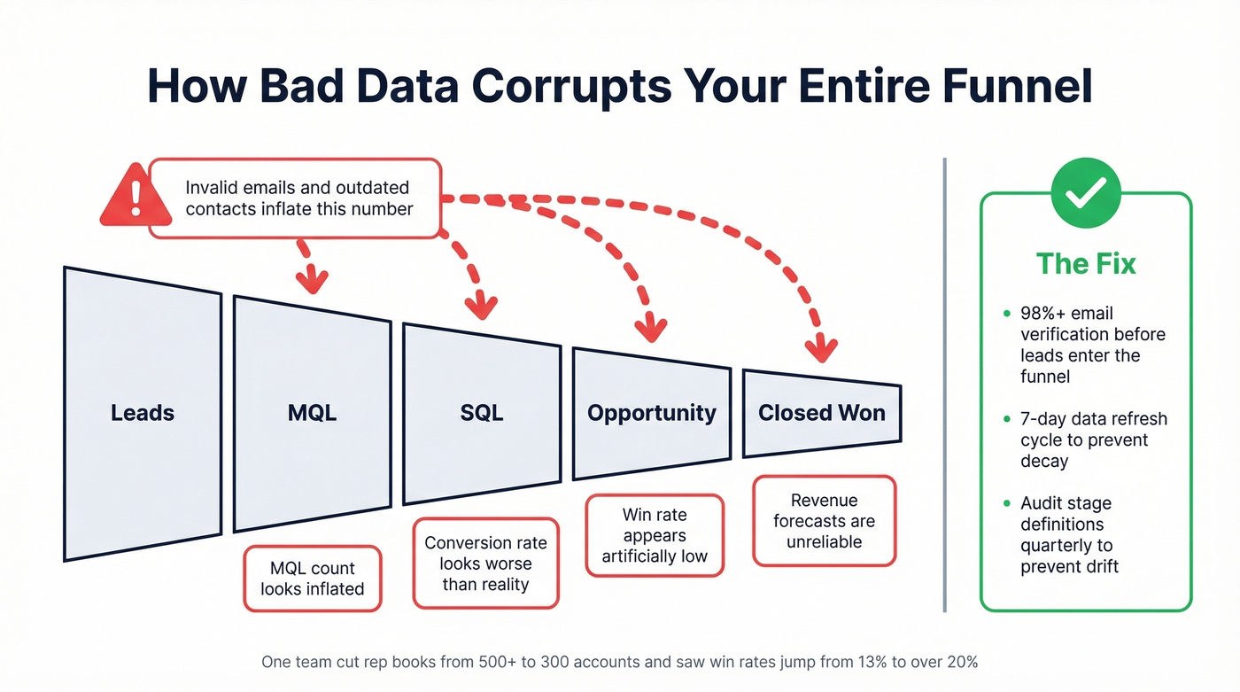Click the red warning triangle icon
[136, 197]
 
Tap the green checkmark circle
[1085, 193]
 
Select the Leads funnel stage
[143, 413]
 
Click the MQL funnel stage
[312, 413]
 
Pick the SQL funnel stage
[482, 413]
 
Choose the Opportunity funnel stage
[652, 413]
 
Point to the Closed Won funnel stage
[821, 413]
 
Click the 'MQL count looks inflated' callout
[312, 579]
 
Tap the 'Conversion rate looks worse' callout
[485, 564]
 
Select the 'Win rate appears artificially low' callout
[655, 535]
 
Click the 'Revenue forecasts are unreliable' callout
[824, 521]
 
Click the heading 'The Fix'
[1086, 264]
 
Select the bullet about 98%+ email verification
[1092, 345]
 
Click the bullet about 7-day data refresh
[1093, 439]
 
